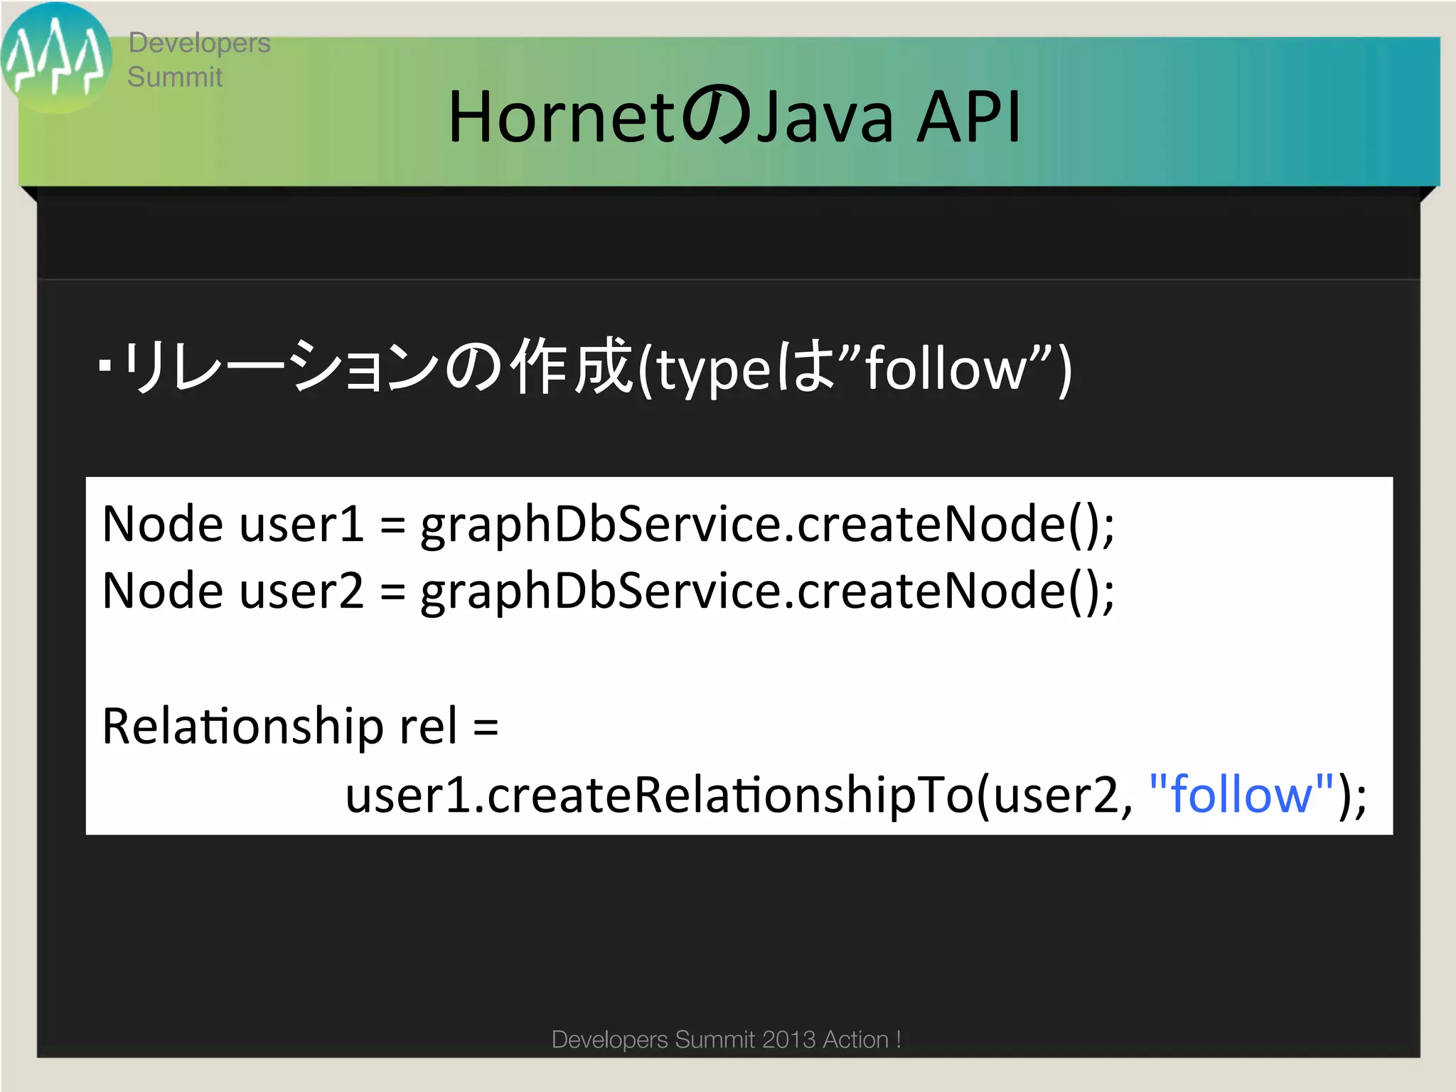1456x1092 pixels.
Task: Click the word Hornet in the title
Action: click(560, 117)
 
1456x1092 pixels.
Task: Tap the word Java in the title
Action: click(824, 117)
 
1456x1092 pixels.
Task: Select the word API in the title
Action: click(968, 117)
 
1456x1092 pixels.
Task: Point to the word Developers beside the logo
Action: click(199, 43)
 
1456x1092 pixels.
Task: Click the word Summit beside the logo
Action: click(175, 77)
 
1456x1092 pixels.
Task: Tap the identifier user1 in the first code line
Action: click(301, 525)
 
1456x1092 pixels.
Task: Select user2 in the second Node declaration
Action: click(301, 591)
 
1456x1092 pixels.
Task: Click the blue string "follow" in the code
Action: click(1241, 795)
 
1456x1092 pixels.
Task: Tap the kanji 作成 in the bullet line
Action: click(572, 368)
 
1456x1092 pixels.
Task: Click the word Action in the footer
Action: click(855, 1039)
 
